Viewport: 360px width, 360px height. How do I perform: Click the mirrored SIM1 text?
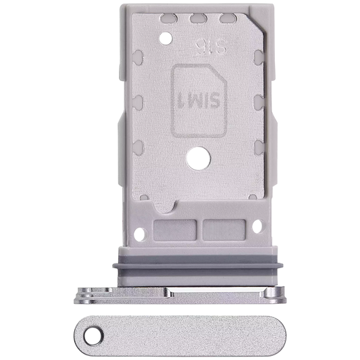[199, 101]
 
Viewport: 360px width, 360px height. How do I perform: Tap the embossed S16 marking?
[211, 47]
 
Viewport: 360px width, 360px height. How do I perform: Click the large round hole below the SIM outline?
[199, 159]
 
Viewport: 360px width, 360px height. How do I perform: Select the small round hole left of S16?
[165, 38]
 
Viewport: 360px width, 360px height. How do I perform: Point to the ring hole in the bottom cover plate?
[93, 336]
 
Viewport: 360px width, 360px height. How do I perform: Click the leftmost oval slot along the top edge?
[169, 18]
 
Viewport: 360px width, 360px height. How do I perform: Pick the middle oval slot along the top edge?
[199, 18]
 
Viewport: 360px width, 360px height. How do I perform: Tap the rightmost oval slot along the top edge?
[228, 18]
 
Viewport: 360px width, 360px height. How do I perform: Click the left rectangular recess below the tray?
[175, 230]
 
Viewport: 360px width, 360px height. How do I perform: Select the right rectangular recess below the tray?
[224, 230]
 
